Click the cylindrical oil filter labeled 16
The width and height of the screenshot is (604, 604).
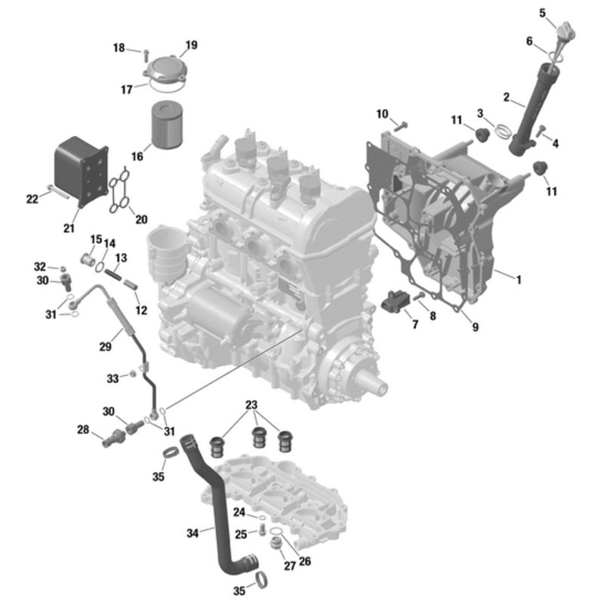pyautogui.click(x=166, y=124)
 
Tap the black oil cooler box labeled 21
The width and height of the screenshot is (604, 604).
pyautogui.click(x=81, y=171)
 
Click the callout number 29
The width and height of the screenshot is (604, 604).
pyautogui.click(x=105, y=347)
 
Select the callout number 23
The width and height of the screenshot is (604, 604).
pyautogui.click(x=251, y=405)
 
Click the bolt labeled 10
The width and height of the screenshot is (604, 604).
pyautogui.click(x=401, y=126)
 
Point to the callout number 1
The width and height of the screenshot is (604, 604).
pyautogui.click(x=519, y=280)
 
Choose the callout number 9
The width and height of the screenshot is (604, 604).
pyautogui.click(x=476, y=327)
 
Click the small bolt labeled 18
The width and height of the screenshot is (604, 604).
pyautogui.click(x=146, y=55)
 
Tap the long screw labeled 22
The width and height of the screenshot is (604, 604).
pyautogui.click(x=59, y=192)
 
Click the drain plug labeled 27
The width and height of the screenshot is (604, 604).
pyautogui.click(x=276, y=544)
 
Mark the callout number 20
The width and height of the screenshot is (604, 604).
pyautogui.click(x=141, y=219)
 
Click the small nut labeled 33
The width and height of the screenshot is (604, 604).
pyautogui.click(x=132, y=373)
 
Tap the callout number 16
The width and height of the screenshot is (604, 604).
pyautogui.click(x=137, y=156)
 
